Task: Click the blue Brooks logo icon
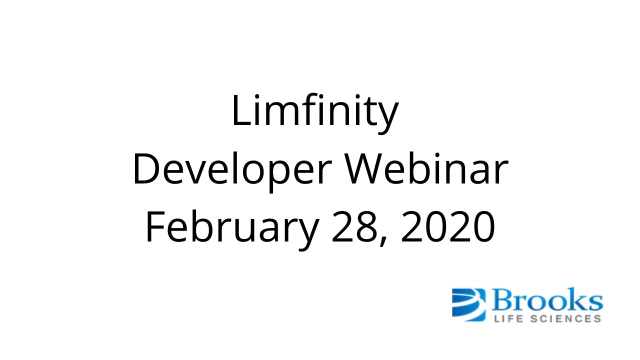[468, 303]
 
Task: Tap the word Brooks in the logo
[547, 300]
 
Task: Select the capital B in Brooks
[502, 300]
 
